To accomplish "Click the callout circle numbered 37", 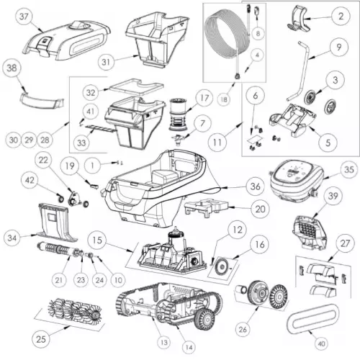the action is tap(24, 17).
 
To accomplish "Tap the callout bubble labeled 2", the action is tap(341, 17).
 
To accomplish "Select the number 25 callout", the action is tap(40, 339).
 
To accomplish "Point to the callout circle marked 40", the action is tap(321, 344).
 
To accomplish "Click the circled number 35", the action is tap(349, 169).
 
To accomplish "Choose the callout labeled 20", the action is tap(260, 209).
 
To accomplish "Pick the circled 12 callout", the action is tap(238, 230).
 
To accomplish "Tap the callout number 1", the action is tap(92, 165).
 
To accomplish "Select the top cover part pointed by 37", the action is tap(66, 40).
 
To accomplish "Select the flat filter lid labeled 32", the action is tap(136, 87).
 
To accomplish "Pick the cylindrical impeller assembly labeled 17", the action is tap(178, 114).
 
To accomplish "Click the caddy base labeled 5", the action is tap(292, 120).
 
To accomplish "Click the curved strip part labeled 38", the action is tap(41, 101).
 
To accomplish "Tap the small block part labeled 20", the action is tap(207, 207).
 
